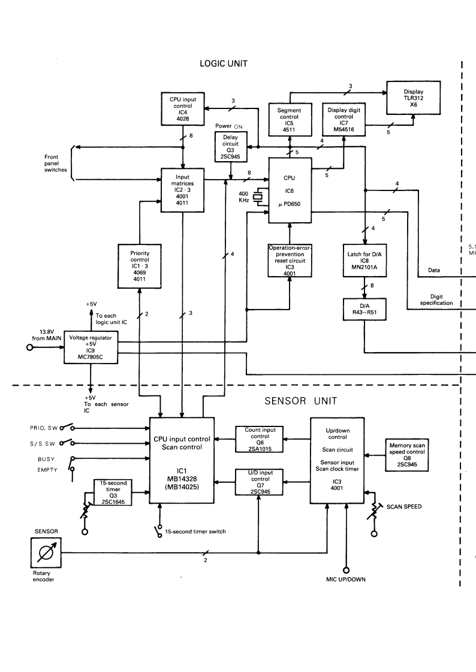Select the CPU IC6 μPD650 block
coord(289,191)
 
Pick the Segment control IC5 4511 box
coord(289,117)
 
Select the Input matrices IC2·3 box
coord(183,190)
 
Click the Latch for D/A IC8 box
coord(365,259)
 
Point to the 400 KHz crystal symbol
coord(258,197)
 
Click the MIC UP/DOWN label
coord(347,580)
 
